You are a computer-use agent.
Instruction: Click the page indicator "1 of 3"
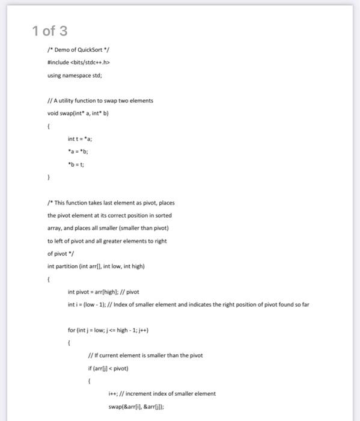pos(50,31)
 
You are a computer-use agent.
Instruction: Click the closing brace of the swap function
pos(49,177)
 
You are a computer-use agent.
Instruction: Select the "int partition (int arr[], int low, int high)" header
pos(96,266)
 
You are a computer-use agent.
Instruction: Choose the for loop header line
pos(108,330)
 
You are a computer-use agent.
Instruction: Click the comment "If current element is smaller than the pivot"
pos(145,355)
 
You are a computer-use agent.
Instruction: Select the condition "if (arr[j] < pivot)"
pos(108,368)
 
